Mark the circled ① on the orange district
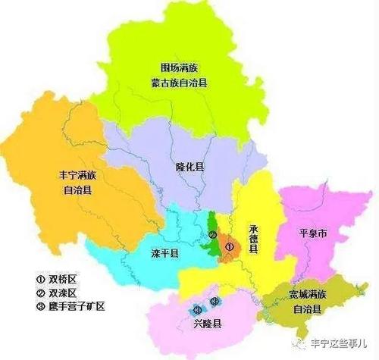229,247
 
